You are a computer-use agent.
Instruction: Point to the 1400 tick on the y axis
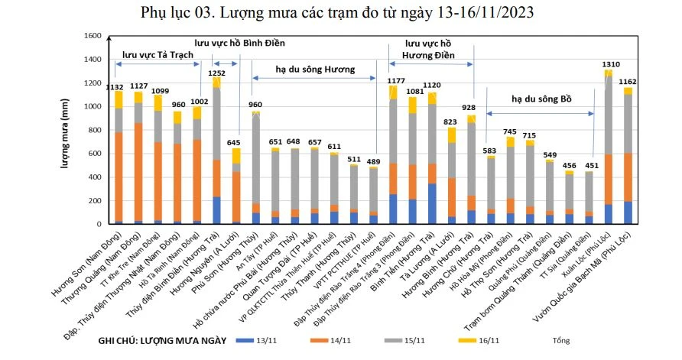click(93, 60)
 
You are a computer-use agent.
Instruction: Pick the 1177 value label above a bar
click(395, 79)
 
